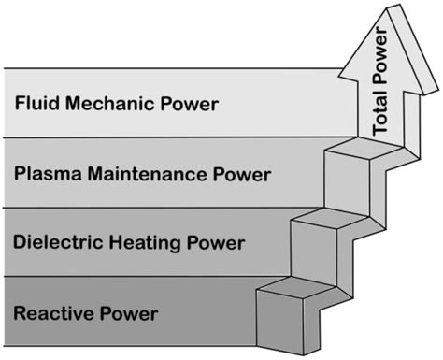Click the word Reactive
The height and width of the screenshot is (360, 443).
tap(52, 312)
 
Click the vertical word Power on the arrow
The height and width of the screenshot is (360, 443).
tap(380, 61)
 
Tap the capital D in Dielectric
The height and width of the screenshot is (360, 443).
tap(20, 243)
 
